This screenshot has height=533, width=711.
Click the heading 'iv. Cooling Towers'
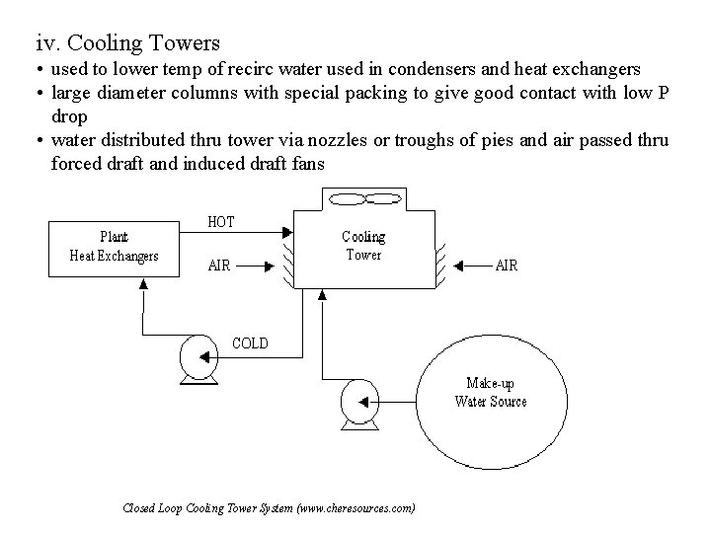pos(127,43)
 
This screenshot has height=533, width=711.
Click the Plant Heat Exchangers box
pos(114,246)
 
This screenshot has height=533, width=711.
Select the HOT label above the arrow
pos(220,222)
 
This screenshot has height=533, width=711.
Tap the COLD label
pos(249,343)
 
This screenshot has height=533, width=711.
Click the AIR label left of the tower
pos(219,265)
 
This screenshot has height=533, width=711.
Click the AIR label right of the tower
pos(505,265)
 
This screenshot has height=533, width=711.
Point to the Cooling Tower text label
pos(362,245)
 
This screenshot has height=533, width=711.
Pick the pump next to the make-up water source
pos(357,403)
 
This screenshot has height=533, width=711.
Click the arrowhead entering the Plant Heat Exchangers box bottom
pos(144,283)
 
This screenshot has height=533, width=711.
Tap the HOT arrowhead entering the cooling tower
pos(287,233)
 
